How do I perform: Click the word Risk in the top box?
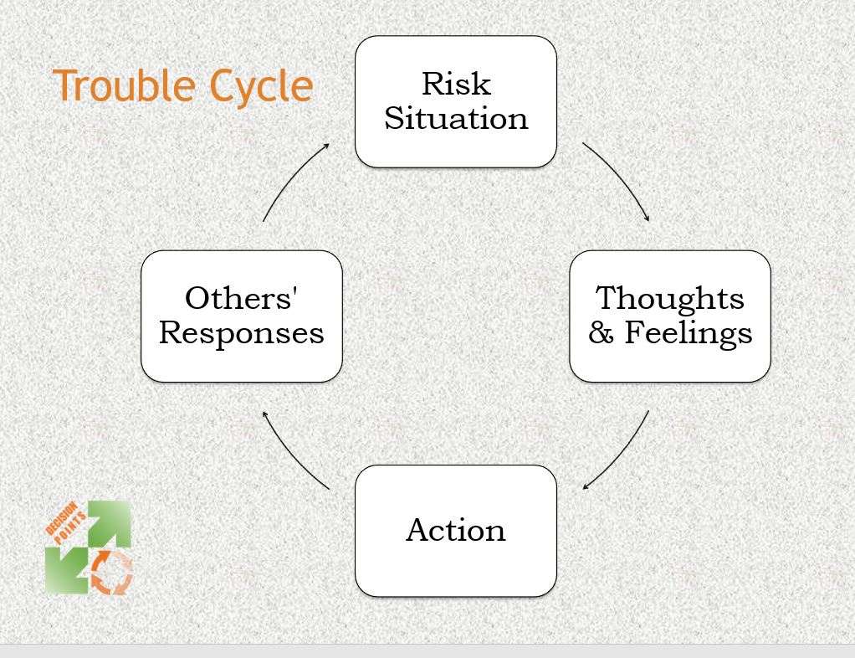(x=456, y=84)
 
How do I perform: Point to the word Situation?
(x=456, y=118)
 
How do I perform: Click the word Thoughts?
(x=669, y=298)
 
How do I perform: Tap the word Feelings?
(x=689, y=333)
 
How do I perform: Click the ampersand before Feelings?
(x=602, y=333)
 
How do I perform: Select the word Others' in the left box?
(x=241, y=298)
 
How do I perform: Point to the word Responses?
(x=241, y=333)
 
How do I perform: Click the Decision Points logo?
(x=89, y=547)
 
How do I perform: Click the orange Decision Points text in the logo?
(x=65, y=523)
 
